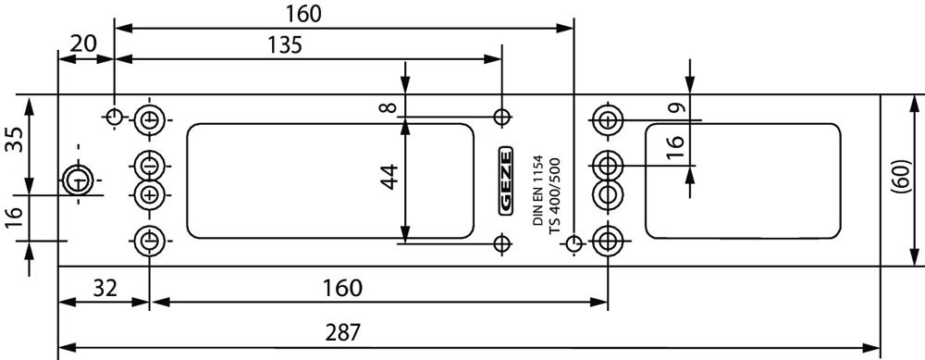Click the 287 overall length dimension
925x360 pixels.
(x=343, y=333)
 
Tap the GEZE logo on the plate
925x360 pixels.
(x=506, y=180)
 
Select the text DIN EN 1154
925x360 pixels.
(x=537, y=190)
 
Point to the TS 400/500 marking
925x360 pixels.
(x=554, y=196)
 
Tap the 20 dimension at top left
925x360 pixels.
(x=82, y=43)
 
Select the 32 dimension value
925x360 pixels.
(x=105, y=289)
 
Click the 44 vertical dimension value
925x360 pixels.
(x=389, y=176)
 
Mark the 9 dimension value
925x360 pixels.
(x=678, y=108)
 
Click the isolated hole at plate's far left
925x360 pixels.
(x=78, y=180)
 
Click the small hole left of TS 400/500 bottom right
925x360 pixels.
(x=573, y=242)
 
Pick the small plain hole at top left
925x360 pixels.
(x=115, y=117)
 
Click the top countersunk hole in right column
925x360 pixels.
(x=608, y=119)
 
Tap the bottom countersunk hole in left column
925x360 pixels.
(x=149, y=241)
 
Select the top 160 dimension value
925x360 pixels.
(x=303, y=14)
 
